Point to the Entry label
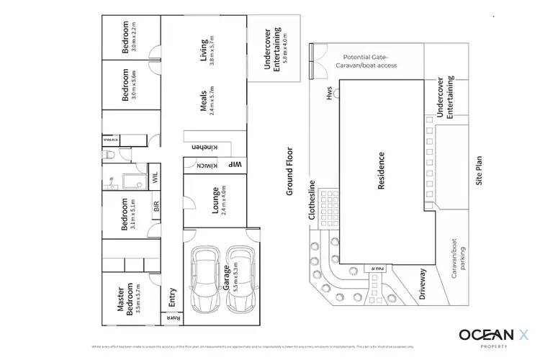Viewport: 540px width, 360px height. [x=172, y=297]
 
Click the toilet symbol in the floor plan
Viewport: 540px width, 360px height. [x=109, y=154]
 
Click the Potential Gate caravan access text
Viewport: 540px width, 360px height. [x=369, y=60]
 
